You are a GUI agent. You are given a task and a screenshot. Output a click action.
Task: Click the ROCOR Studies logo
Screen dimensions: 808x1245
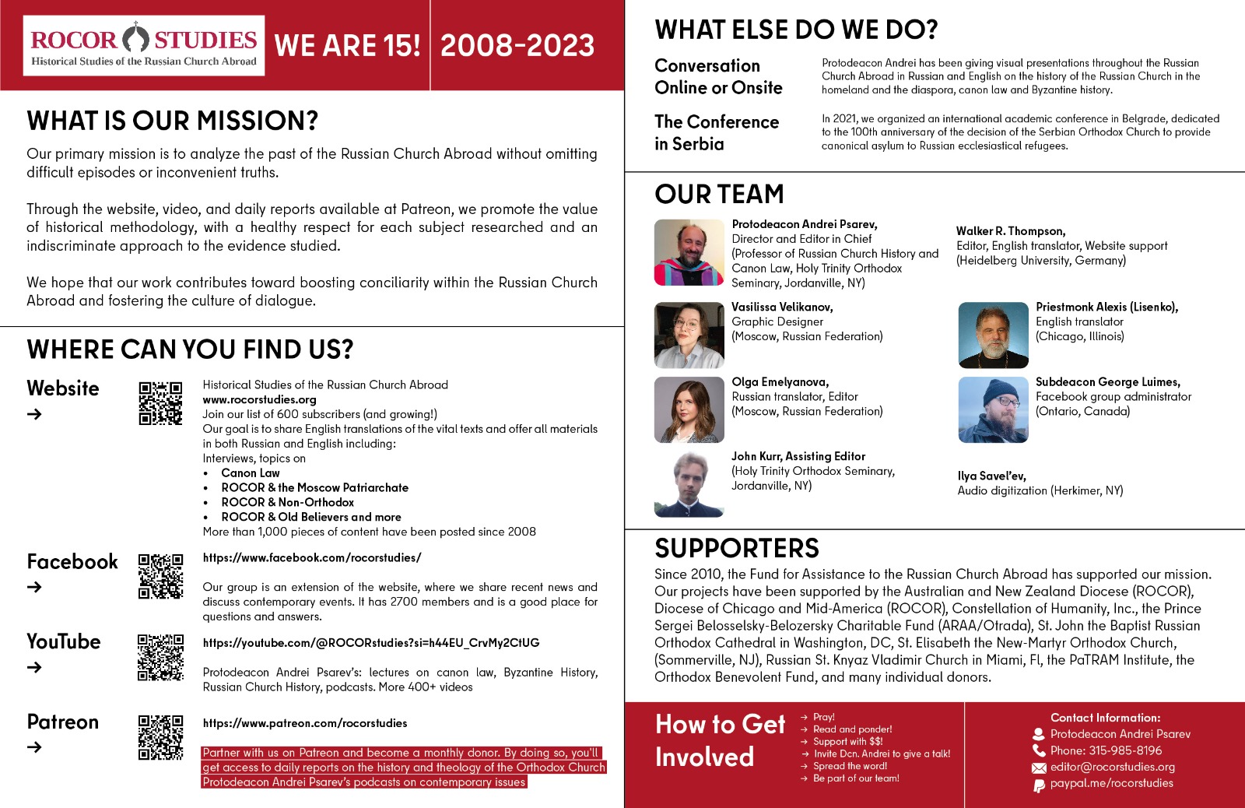coord(144,45)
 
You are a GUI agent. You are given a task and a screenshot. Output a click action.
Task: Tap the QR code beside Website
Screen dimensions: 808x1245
coord(160,403)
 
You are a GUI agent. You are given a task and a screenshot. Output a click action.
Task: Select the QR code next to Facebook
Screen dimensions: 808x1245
coord(160,576)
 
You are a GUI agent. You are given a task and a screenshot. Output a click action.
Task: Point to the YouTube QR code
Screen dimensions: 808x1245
coord(160,657)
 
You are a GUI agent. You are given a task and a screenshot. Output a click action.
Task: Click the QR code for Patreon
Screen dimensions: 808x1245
coord(160,737)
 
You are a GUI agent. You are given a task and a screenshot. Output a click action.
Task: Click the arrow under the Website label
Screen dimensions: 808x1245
coord(34,414)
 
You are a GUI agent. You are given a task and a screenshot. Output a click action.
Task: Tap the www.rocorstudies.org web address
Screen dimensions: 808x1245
coord(259,399)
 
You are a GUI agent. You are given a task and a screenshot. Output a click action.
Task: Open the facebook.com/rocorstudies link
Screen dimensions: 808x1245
coord(312,557)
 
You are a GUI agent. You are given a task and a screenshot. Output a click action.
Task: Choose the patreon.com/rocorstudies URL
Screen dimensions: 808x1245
coord(304,723)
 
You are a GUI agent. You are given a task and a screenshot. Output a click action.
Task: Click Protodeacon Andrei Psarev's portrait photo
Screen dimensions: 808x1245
coord(689,252)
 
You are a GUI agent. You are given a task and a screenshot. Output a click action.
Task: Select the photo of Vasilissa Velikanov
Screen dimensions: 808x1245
coord(689,335)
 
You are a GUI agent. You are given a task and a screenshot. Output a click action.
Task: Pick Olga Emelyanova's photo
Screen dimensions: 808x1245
coord(689,409)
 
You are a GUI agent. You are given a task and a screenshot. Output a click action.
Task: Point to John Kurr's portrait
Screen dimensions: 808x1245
coord(689,484)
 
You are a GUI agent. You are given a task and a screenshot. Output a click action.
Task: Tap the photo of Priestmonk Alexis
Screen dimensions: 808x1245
coord(993,335)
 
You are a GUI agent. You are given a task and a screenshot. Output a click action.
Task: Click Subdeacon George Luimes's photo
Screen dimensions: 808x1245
coord(993,409)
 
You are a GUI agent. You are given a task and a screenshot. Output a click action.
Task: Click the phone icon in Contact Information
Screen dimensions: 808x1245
coord(1039,750)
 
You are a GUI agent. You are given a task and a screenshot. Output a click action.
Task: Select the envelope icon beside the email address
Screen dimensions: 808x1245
coord(1039,768)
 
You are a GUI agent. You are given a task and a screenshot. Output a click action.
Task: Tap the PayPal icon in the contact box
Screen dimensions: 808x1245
coord(1039,785)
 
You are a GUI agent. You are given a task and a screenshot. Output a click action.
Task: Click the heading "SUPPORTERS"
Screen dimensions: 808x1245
coord(736,548)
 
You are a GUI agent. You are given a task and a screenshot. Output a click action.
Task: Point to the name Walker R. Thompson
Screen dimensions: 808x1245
coord(1010,231)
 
